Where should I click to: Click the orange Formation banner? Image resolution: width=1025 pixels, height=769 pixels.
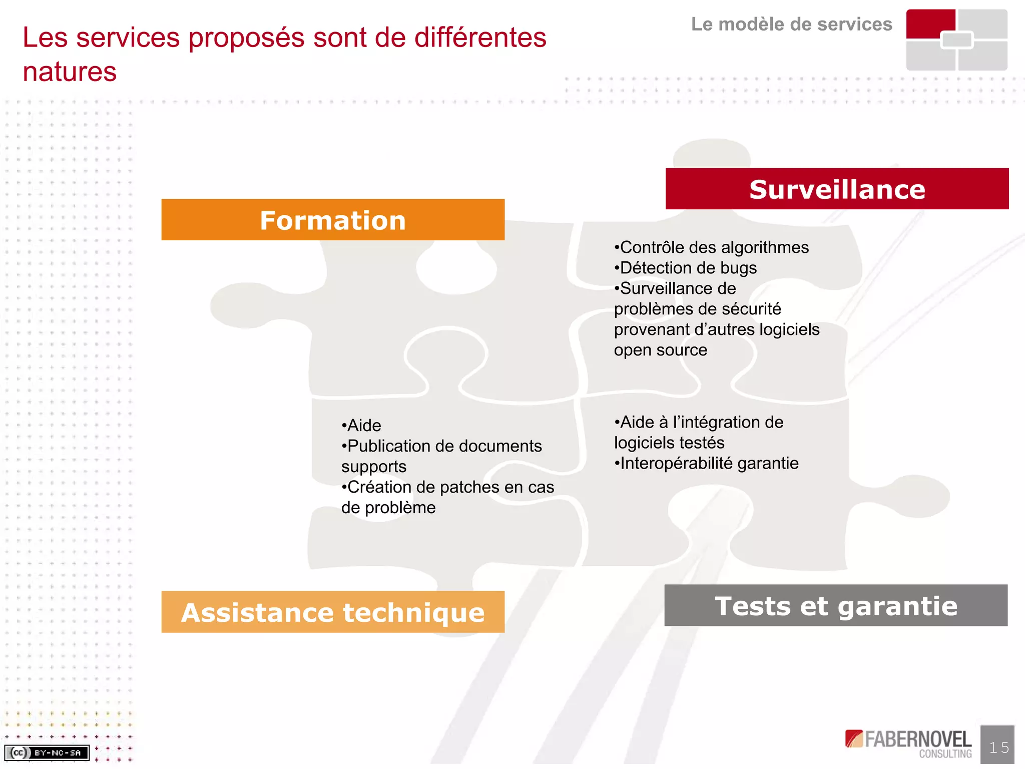click(333, 220)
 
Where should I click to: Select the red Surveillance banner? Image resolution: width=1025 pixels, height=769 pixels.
click(837, 189)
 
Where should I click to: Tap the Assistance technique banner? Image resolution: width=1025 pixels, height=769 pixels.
click(333, 612)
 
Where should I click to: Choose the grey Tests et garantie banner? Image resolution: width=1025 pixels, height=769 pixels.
click(836, 605)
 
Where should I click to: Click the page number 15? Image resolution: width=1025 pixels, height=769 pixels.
click(998, 747)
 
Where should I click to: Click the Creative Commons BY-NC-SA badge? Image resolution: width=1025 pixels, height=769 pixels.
click(47, 752)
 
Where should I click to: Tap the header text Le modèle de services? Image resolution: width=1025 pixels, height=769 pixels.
click(791, 24)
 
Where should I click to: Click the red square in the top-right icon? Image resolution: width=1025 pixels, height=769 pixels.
click(930, 23)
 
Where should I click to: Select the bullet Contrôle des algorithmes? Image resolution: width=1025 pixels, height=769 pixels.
click(712, 247)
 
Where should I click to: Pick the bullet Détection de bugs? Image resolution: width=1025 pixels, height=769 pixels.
click(686, 268)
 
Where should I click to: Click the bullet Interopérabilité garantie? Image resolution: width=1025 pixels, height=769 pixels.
click(707, 463)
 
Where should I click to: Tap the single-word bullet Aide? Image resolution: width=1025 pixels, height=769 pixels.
click(362, 426)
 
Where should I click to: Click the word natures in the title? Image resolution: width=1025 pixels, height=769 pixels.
click(70, 72)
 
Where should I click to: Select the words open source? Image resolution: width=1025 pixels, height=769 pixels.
click(661, 350)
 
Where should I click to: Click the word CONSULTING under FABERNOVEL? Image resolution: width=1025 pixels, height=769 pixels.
click(945, 753)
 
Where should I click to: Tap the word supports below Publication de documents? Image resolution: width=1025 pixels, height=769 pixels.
click(374, 467)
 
